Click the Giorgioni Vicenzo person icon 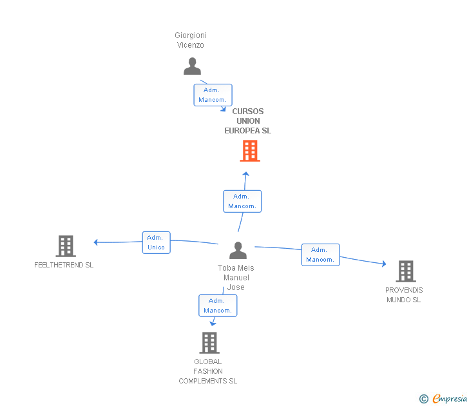pos(192,66)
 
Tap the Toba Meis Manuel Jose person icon pos(238,250)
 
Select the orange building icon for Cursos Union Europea pos(250,151)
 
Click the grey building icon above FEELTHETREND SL pos(65,246)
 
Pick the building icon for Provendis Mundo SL pos(405,271)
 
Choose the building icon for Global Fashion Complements pos(209,342)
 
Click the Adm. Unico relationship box pos(156,242)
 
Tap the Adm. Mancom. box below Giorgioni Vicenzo pos(213,95)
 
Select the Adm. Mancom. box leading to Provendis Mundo pos(320,255)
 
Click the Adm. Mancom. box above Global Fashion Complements pos(218,305)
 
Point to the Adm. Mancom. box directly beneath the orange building pos(242,201)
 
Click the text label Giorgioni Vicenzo pos(191,40)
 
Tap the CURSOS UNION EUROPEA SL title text pos(248,121)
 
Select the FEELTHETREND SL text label pos(64,265)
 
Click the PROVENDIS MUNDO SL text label pos(404,295)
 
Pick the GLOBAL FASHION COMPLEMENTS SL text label pos(208,371)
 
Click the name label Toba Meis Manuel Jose pos(236,278)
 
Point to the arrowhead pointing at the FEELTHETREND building pos(96,242)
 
